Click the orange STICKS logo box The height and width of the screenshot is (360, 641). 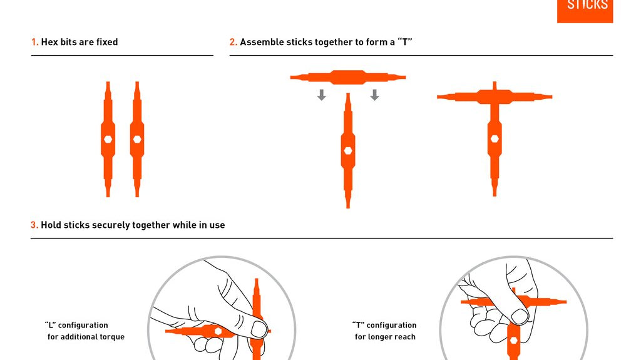click(585, 11)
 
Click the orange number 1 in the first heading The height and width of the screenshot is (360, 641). click(34, 42)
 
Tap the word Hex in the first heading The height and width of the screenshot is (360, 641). click(49, 42)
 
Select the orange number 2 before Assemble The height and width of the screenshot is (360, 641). click(233, 42)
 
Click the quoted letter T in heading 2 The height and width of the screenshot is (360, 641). click(404, 42)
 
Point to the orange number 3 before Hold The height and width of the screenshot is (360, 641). click(34, 225)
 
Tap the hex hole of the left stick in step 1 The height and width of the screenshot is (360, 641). click(108, 139)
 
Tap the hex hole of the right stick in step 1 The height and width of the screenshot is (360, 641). click(137, 139)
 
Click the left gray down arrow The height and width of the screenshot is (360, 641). click(321, 95)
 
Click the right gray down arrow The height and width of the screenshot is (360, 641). click(374, 95)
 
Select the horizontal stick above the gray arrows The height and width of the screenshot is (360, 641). click(348, 78)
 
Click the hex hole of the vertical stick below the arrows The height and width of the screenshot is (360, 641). click(348, 150)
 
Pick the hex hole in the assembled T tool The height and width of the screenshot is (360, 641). click(495, 138)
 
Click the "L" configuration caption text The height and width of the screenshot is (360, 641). click(76, 326)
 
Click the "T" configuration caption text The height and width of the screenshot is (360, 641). click(384, 326)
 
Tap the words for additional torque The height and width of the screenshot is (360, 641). click(86, 337)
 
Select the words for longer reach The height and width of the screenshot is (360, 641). click(385, 337)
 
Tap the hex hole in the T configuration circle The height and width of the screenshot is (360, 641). click(513, 340)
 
